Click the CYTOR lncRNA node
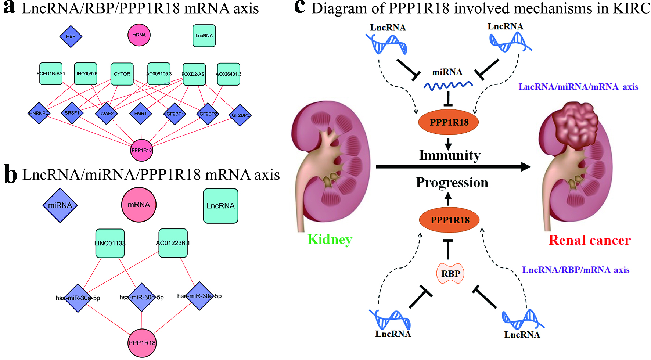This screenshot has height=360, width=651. [x=122, y=74]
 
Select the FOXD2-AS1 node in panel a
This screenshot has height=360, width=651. [x=194, y=74]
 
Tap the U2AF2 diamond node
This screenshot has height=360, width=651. [x=106, y=114]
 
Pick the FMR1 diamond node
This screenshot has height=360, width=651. [x=141, y=114]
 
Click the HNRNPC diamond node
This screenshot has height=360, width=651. [x=39, y=113]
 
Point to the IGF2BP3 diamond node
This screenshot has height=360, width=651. [x=240, y=115]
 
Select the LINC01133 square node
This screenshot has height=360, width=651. [x=110, y=243]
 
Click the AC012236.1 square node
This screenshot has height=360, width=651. [x=173, y=243]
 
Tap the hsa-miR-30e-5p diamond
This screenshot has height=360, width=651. [x=199, y=296]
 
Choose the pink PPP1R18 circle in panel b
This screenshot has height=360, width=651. [x=142, y=343]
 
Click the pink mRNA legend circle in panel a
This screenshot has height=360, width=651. [x=139, y=35]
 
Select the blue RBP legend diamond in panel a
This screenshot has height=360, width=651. [x=71, y=36]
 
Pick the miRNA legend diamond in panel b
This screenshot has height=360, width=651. [x=60, y=205]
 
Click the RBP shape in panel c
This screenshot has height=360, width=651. [x=450, y=274]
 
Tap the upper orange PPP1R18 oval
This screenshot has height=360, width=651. [x=449, y=122]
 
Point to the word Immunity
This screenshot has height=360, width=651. [x=450, y=155]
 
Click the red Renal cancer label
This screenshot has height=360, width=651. [x=589, y=240]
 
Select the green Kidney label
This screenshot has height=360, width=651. [x=330, y=240]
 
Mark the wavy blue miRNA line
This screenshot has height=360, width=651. [x=448, y=86]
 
